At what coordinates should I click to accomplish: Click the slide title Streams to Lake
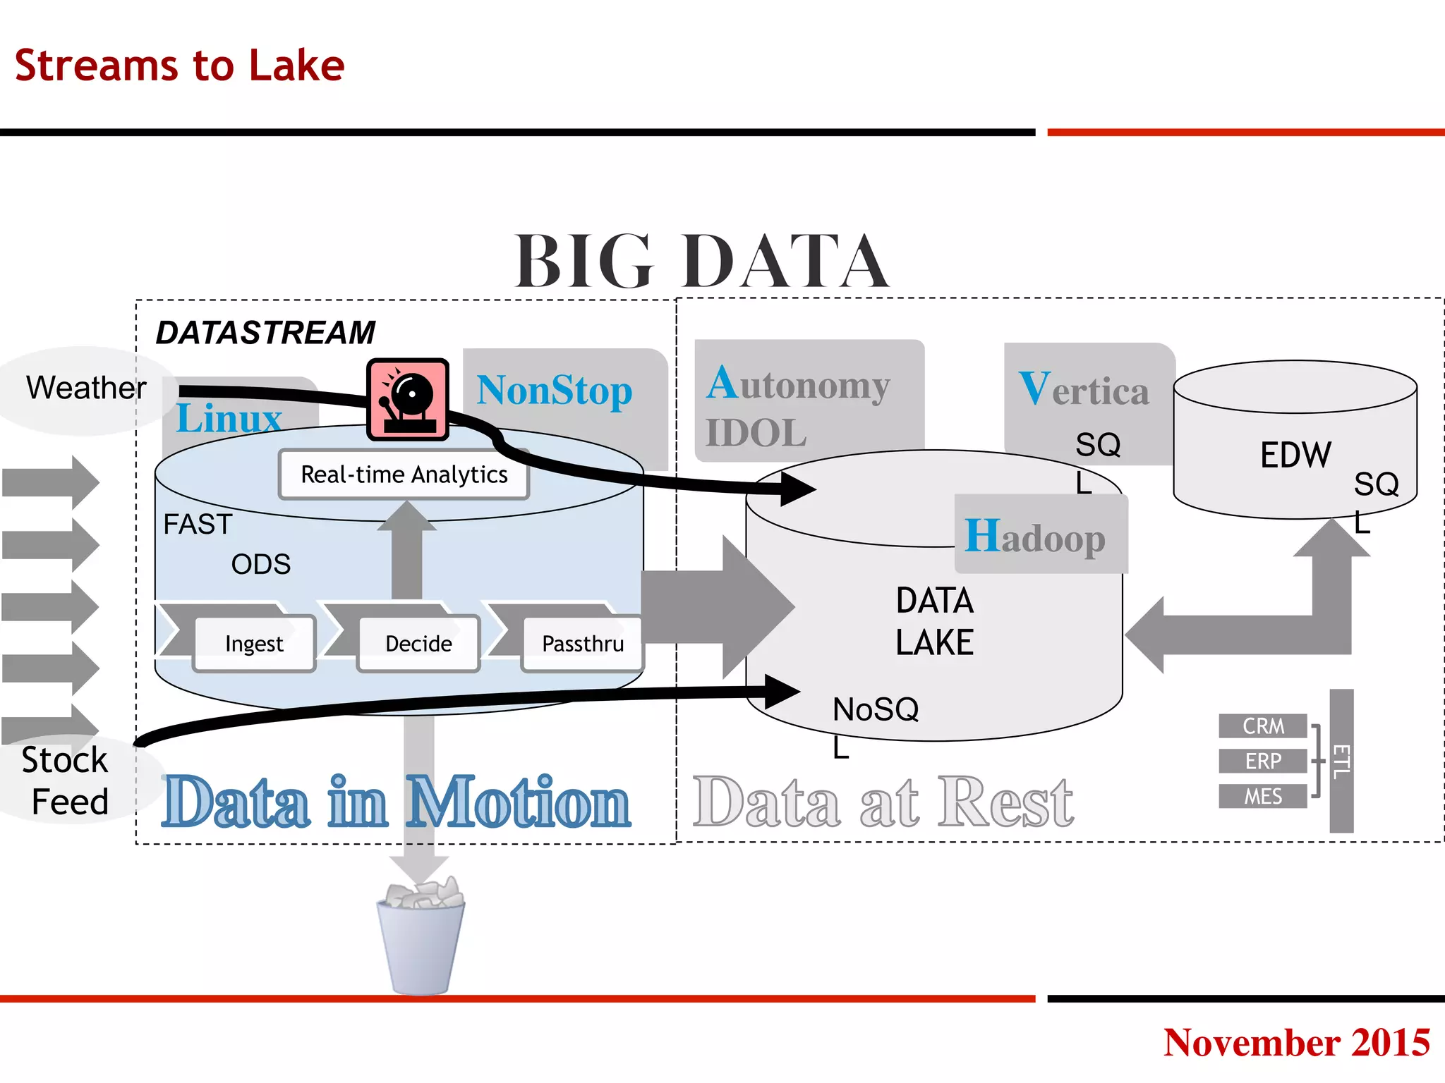point(179,66)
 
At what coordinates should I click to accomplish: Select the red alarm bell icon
point(408,399)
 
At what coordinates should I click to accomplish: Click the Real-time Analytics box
point(404,475)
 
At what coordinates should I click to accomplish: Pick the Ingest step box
point(254,643)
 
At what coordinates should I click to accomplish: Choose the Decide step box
point(418,643)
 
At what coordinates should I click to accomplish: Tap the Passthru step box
point(582,643)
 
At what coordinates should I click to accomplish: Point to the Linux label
point(229,418)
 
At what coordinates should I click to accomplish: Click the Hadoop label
point(1035,537)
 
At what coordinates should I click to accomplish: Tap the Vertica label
point(1084,389)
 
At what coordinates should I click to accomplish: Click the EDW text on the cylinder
point(1295,455)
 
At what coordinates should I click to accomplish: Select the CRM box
point(1263,726)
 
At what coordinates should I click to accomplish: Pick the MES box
point(1263,796)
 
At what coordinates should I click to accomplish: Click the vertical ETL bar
point(1341,761)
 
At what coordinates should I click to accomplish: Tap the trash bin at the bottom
point(421,938)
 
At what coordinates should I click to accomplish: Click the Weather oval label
point(86,388)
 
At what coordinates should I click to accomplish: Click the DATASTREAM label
point(265,332)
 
